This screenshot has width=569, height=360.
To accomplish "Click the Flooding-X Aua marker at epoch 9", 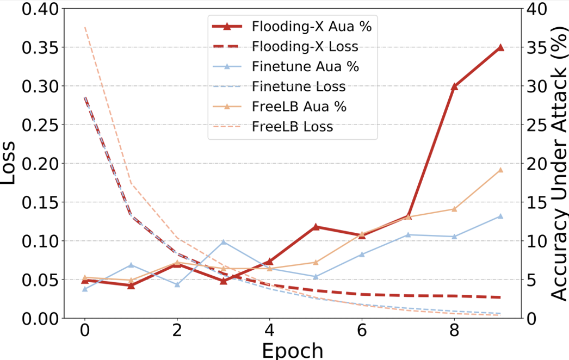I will (x=500, y=48).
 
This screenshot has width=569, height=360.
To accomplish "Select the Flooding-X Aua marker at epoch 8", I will (x=454, y=86).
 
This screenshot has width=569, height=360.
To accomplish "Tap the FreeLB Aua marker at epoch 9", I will (x=500, y=170).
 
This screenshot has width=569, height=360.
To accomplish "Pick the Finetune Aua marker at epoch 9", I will (x=500, y=216).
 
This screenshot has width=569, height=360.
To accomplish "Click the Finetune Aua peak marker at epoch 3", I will (x=223, y=242).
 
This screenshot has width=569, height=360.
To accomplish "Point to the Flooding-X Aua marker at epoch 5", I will (x=316, y=227).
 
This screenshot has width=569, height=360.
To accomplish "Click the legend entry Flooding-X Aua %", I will (x=315, y=26).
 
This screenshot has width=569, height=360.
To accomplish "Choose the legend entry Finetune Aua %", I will (x=305, y=67).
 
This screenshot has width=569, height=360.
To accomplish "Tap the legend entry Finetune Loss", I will (x=299, y=87).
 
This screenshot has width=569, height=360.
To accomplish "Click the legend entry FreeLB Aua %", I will (x=299, y=107).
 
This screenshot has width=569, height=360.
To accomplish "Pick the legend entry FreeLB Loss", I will (x=293, y=127).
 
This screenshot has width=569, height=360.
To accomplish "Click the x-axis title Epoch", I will (x=292, y=350).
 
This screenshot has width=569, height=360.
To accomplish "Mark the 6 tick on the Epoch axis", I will (x=362, y=331).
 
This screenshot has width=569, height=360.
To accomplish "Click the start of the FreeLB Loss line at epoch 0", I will (x=85, y=27).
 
